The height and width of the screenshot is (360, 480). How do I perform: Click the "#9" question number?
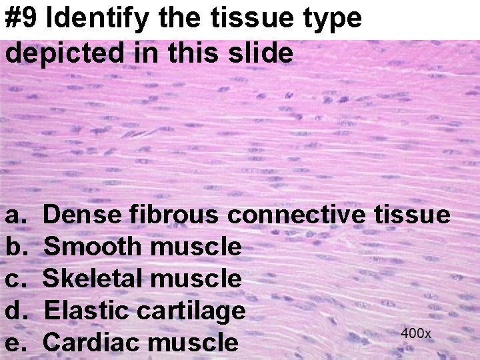tap(22, 19)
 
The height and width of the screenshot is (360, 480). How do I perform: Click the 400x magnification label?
tap(416, 333)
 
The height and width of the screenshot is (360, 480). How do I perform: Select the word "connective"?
tap(296, 215)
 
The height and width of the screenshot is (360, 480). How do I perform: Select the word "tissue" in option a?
tap(411, 215)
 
